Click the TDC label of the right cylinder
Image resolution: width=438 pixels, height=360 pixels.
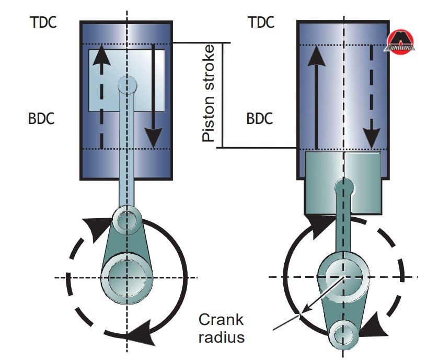pyautogui.click(x=260, y=22)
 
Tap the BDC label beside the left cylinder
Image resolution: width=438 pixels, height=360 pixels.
pyautogui.click(x=42, y=118)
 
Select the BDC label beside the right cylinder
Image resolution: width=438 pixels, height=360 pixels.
pyautogui.click(x=260, y=118)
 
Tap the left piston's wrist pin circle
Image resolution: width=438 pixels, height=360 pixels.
pyautogui.click(x=126, y=83)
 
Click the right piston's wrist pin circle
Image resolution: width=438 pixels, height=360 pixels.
pyautogui.click(x=344, y=187)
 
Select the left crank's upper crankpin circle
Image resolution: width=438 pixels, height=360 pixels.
pyautogui.click(x=126, y=220)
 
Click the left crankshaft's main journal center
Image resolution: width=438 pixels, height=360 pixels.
pyautogui.click(x=126, y=276)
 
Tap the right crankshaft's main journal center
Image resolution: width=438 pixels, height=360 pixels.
pyautogui.click(x=343, y=276)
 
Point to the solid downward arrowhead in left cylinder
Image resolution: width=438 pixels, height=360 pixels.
pyautogui.click(x=153, y=138)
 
